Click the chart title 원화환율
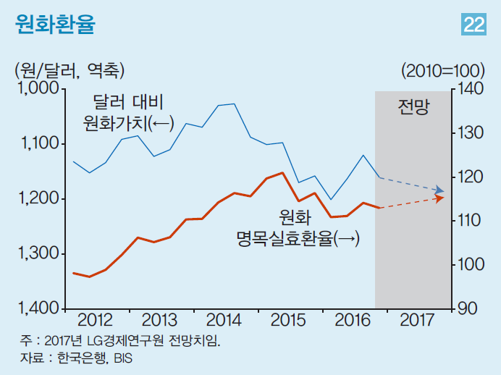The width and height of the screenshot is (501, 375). click(54, 24)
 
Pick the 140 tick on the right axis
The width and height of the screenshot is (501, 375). click(470, 88)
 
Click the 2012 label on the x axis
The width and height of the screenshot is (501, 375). click(96, 320)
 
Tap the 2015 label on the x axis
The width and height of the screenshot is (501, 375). click(287, 320)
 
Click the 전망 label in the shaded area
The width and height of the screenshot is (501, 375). click(413, 109)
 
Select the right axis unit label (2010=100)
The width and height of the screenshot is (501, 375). click(442, 70)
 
